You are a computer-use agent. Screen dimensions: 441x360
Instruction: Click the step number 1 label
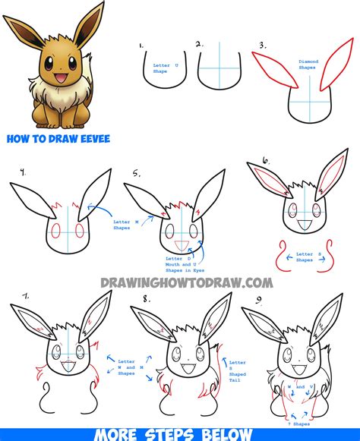[142, 47]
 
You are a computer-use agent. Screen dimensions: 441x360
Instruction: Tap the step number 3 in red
[262, 46]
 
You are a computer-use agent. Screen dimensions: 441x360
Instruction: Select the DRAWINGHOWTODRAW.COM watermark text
[186, 282]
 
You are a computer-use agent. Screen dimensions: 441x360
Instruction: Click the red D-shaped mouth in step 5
[182, 244]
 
